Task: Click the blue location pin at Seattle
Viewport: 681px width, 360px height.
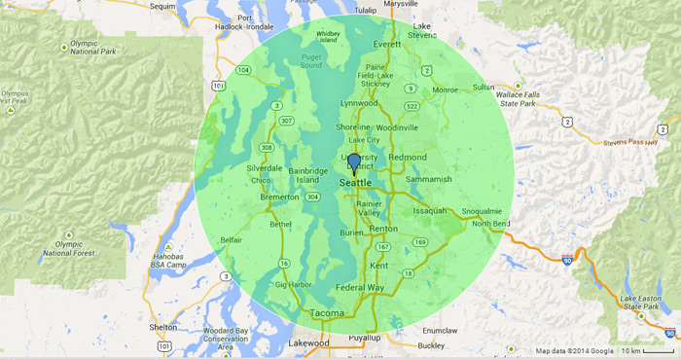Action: (x=354, y=162)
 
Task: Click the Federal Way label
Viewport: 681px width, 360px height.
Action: (x=359, y=288)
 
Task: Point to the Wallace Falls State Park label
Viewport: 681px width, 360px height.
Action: (x=515, y=98)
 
